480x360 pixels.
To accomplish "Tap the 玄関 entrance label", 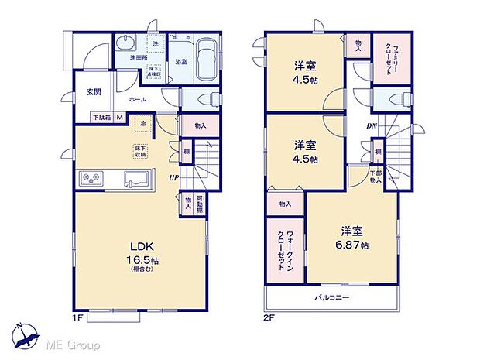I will [x=94, y=92].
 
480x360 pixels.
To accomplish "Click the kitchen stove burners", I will [x=91, y=180].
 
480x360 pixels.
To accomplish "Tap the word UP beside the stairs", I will [x=175, y=177].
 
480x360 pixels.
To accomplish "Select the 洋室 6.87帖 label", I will [x=352, y=237].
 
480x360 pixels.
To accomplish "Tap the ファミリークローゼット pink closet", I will [x=384, y=59].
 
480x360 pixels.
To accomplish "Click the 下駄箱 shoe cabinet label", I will [x=101, y=118].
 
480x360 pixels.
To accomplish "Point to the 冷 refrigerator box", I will [x=142, y=122].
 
